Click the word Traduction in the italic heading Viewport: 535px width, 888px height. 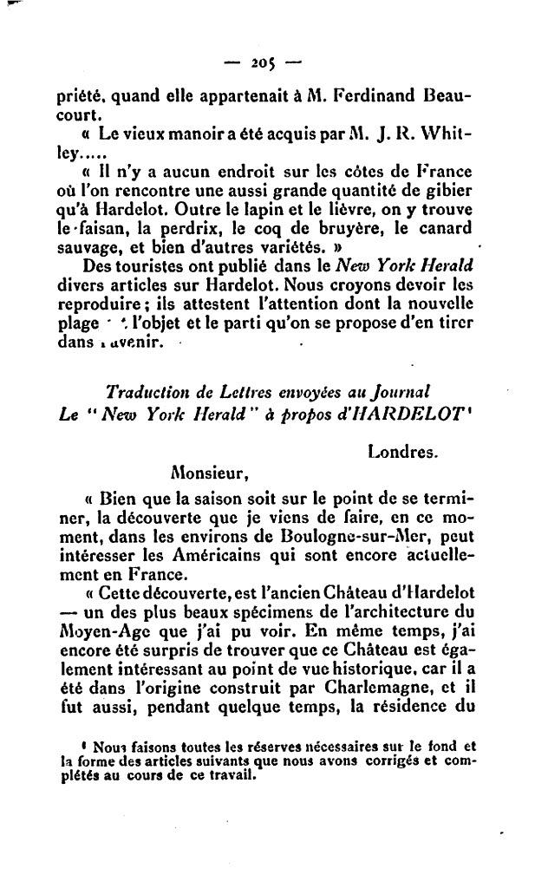(146, 391)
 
